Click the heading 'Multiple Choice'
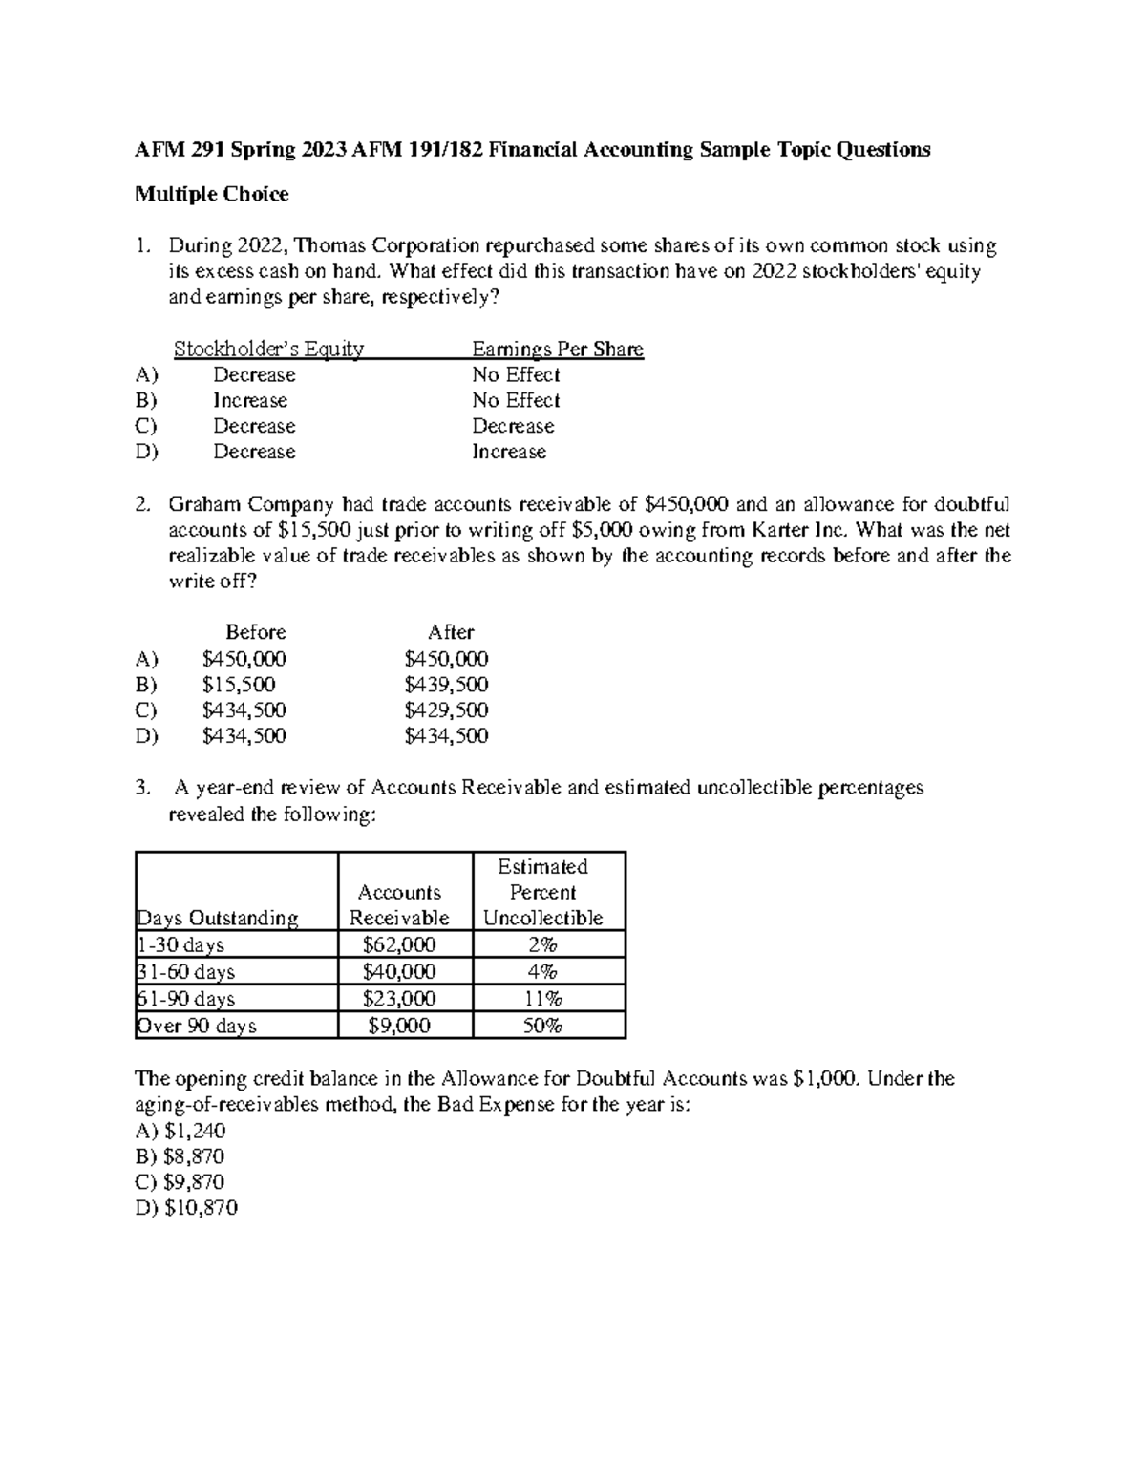tap(211, 195)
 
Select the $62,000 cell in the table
tap(399, 945)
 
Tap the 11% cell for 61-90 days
tap(542, 999)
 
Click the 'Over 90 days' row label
tap(198, 1026)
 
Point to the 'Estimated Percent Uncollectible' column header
tap(542, 893)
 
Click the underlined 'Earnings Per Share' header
tap(558, 350)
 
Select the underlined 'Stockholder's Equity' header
tap(268, 350)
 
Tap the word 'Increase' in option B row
tap(250, 401)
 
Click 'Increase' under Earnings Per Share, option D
tap(509, 453)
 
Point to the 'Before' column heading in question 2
tap(255, 632)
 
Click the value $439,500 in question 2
tap(446, 685)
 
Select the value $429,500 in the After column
tap(446, 710)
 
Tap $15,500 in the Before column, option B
tap(239, 685)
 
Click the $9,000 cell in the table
tap(399, 1026)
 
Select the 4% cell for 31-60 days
tap(542, 972)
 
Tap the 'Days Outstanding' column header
tap(219, 919)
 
